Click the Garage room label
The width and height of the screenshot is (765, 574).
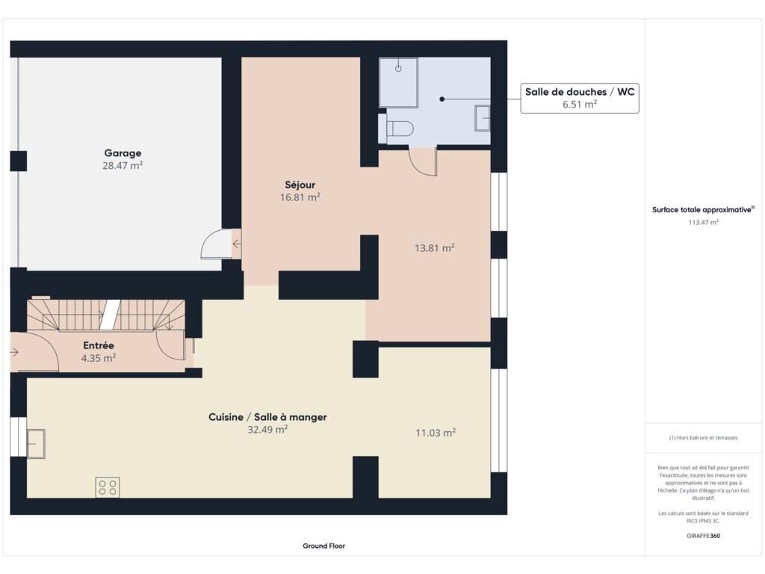tap(123, 153)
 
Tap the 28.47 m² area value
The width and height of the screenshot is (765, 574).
tap(123, 165)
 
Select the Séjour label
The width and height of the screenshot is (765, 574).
tap(300, 185)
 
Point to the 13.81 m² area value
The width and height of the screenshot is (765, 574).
tap(434, 248)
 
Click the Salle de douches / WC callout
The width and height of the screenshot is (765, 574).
tap(580, 98)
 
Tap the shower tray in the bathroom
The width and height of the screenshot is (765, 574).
tap(399, 82)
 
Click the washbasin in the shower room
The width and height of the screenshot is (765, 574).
tap(483, 117)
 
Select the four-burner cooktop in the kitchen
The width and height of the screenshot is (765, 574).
tap(108, 487)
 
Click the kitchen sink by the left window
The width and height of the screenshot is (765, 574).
tap(36, 444)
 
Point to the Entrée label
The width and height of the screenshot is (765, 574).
tap(99, 345)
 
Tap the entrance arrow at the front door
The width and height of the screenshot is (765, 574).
tap(13, 352)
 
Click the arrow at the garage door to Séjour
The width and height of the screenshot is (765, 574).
tap(237, 244)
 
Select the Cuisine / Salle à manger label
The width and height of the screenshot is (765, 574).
tap(267, 417)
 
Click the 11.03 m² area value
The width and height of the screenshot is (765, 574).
tap(436, 433)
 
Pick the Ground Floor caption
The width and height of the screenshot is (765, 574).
tap(324, 546)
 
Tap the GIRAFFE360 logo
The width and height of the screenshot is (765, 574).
tap(703, 535)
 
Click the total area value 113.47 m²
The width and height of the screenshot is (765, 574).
tap(703, 222)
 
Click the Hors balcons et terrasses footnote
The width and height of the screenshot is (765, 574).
tap(703, 438)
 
